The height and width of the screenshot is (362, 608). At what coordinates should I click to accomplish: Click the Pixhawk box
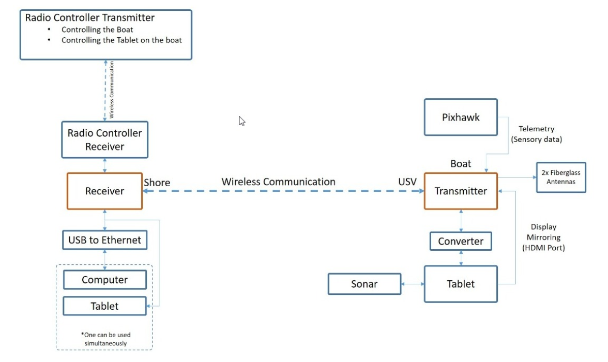pyautogui.click(x=461, y=117)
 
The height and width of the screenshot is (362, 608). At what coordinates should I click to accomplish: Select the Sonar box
pyautogui.click(x=364, y=284)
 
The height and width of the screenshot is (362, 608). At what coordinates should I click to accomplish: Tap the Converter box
pyautogui.click(x=461, y=242)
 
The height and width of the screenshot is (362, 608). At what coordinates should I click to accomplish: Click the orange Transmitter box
pyautogui.click(x=461, y=191)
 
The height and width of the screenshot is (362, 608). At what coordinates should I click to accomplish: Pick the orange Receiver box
pyautogui.click(x=104, y=191)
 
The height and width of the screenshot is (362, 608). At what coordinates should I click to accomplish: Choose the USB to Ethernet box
pyautogui.click(x=104, y=240)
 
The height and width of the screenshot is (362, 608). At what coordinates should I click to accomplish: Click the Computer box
pyautogui.click(x=104, y=280)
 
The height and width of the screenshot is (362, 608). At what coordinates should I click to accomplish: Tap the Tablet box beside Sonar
pyautogui.click(x=461, y=284)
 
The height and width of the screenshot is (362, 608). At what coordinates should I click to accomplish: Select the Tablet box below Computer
pyautogui.click(x=104, y=306)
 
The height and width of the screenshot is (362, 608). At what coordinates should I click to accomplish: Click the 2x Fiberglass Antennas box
pyautogui.click(x=560, y=177)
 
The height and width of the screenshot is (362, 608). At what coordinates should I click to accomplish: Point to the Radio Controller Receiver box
pyautogui.click(x=104, y=140)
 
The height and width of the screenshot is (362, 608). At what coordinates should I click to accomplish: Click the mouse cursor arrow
pyautogui.click(x=241, y=121)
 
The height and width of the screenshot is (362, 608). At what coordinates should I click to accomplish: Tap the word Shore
pyautogui.click(x=157, y=183)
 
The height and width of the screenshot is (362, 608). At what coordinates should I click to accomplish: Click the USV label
pyautogui.click(x=407, y=182)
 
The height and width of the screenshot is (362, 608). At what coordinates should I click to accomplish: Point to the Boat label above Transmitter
pyautogui.click(x=461, y=164)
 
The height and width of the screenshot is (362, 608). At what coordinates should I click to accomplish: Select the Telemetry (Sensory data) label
pyautogui.click(x=536, y=134)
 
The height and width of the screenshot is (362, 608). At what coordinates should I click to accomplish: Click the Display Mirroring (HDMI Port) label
pyautogui.click(x=543, y=237)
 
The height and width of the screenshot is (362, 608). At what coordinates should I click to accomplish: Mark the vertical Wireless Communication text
pyautogui.click(x=112, y=89)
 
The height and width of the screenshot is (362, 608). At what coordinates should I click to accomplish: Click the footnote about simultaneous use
pyautogui.click(x=105, y=339)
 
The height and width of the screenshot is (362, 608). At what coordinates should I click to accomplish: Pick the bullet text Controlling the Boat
pyautogui.click(x=97, y=29)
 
